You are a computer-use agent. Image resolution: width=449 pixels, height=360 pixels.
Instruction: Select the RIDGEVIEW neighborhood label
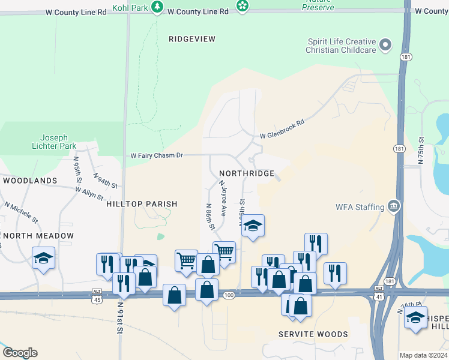pyautogui.click(x=191, y=38)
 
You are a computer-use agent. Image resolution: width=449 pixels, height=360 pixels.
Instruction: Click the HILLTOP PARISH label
pyautogui.click(x=142, y=204)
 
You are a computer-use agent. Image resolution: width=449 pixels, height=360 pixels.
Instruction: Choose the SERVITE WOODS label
pyautogui.click(x=313, y=334)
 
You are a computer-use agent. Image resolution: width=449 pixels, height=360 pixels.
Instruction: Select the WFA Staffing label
pyautogui.click(x=360, y=207)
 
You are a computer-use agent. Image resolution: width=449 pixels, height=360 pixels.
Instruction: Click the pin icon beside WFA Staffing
pyautogui.click(x=394, y=206)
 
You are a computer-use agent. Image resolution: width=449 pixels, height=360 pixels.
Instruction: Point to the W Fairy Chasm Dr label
pyautogui.click(x=157, y=155)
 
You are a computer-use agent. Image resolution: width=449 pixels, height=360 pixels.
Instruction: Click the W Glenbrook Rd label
pyautogui.click(x=282, y=130)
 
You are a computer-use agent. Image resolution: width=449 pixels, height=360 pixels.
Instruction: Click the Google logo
pyautogui.click(x=20, y=353)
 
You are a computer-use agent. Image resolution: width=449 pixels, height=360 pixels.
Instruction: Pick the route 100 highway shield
pyautogui.click(x=228, y=295)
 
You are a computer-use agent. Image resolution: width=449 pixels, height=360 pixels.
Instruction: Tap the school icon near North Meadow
pyautogui.click(x=43, y=258)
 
